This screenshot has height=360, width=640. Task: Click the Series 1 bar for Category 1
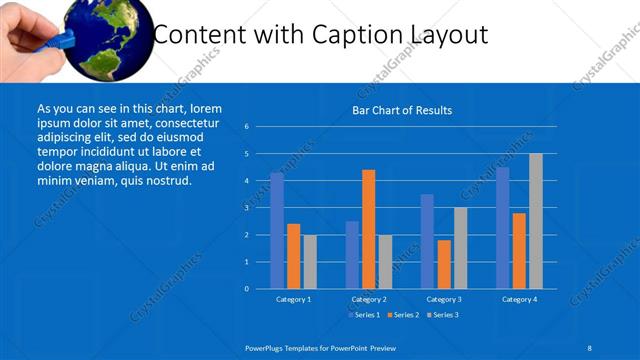point(277,231)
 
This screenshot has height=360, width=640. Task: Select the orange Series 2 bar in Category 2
point(369,229)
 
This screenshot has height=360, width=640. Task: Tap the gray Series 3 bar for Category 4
point(536,221)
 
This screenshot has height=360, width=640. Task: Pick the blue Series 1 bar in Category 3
point(427,241)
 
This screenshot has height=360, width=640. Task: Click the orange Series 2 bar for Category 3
point(444,264)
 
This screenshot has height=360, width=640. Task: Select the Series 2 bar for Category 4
point(519,251)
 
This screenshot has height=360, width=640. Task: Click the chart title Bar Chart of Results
point(402,110)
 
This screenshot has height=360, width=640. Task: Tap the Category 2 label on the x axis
point(369,299)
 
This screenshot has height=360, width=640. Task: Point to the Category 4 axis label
point(519,299)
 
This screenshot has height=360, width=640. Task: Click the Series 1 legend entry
point(362,315)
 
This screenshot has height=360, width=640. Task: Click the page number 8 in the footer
point(590,346)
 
